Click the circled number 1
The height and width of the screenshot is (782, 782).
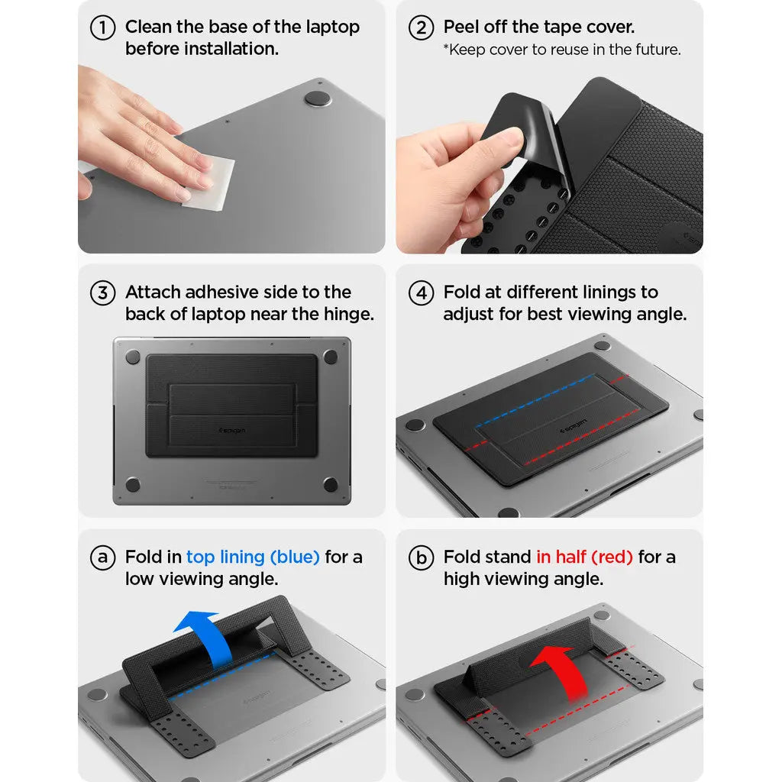[x=102, y=28]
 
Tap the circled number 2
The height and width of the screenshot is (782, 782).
[x=421, y=28]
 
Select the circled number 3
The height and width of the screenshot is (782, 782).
[x=102, y=293]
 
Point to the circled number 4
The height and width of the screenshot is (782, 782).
[x=421, y=293]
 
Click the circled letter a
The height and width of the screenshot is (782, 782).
[x=102, y=558]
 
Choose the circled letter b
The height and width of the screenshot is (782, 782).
[x=421, y=558]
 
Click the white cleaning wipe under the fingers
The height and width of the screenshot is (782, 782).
[x=208, y=183]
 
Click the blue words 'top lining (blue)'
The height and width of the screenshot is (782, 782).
[x=253, y=557]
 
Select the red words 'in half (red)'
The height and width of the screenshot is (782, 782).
[x=584, y=557]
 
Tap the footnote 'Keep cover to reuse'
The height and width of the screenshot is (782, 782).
[x=562, y=50]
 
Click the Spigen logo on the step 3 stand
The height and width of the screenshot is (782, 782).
[x=232, y=430]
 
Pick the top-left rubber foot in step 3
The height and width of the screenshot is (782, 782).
[x=133, y=357]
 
